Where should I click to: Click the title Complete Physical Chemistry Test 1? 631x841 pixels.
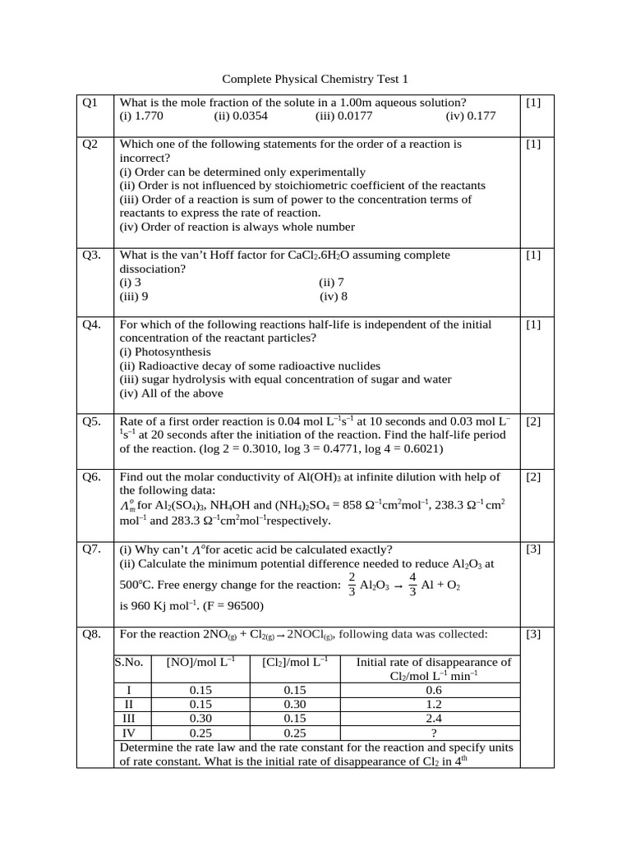(x=315, y=80)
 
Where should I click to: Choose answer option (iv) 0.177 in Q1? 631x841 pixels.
(x=471, y=117)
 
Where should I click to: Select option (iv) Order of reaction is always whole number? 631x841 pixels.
(x=237, y=227)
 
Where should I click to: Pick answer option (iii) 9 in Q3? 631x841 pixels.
(x=134, y=296)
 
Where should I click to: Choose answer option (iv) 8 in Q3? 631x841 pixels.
(x=334, y=296)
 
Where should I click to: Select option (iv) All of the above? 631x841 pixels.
(x=171, y=393)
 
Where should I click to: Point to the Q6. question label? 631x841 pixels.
(x=91, y=477)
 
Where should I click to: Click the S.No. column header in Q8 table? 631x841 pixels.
(x=129, y=662)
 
